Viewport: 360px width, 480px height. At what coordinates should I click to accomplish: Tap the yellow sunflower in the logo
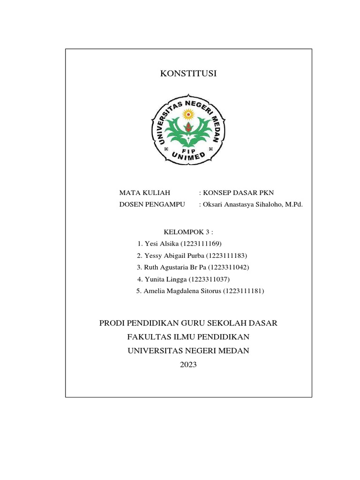tap(188, 114)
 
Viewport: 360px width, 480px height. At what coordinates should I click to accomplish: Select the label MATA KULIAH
tap(144, 193)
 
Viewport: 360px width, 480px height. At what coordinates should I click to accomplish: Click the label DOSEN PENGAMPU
tap(152, 204)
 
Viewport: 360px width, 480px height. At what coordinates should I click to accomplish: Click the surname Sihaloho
tap(263, 204)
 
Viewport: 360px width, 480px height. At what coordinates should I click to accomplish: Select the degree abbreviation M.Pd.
tap(293, 204)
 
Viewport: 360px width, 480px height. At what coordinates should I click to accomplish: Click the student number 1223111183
tap(226, 256)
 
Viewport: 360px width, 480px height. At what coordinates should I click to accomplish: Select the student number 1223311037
tap(210, 279)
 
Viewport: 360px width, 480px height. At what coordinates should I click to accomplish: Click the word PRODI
tap(112, 323)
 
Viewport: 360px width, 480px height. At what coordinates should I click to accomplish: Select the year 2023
tap(188, 364)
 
